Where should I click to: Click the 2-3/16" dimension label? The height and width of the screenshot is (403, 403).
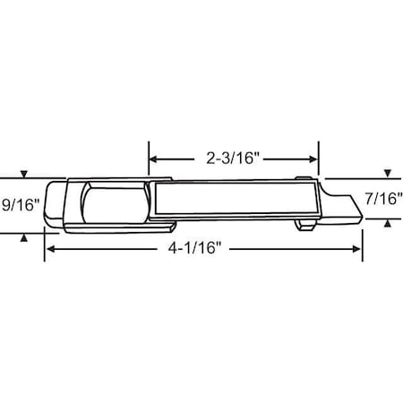point(232,159)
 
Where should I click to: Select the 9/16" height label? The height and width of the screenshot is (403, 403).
point(20,204)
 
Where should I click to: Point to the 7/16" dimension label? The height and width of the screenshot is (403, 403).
point(384,198)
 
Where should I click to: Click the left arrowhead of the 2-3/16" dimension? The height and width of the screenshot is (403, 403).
point(153,159)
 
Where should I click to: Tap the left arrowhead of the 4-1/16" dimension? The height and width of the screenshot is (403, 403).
point(50,248)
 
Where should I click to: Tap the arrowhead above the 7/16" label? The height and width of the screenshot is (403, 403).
point(386,173)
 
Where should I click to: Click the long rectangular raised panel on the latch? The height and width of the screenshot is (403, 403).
point(233,199)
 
